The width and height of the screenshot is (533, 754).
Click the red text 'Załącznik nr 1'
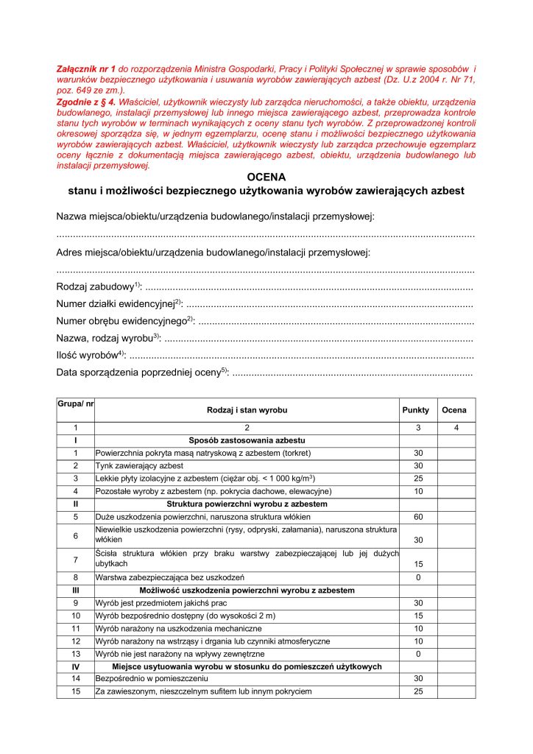(x=83, y=67)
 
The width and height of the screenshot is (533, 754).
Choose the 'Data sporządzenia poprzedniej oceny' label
(x=140, y=373)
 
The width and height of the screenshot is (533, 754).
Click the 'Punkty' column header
(x=415, y=409)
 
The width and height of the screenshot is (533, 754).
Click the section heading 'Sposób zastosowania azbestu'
(x=247, y=440)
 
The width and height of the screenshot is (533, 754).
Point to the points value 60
(x=418, y=516)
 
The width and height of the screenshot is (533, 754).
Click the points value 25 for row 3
(x=418, y=479)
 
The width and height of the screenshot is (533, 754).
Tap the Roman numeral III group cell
(x=76, y=591)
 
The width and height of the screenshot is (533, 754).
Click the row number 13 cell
(x=76, y=654)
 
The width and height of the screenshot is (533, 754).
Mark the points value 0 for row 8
(x=418, y=577)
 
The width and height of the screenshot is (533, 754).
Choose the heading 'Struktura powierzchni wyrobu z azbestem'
(x=247, y=504)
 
